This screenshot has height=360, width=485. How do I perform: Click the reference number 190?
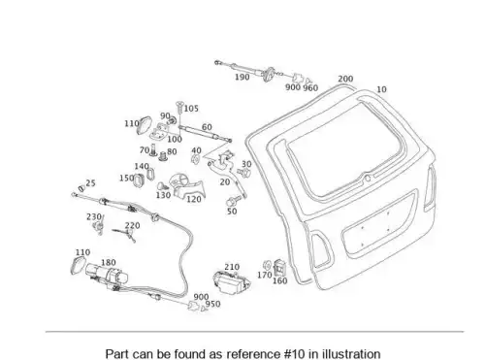click(x=242, y=78)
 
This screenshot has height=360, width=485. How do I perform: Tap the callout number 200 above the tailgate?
click(x=345, y=79)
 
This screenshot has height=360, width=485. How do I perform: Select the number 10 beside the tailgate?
click(x=381, y=89)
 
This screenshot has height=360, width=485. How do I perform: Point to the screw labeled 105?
click(x=179, y=109)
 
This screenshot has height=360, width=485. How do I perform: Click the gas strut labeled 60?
click(x=205, y=133)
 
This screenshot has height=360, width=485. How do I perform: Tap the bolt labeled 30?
click(x=244, y=173)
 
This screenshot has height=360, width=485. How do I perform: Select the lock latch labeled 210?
click(x=232, y=282)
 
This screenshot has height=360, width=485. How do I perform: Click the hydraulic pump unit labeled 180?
click(x=107, y=275)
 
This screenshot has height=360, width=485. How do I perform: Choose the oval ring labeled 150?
click(x=139, y=180)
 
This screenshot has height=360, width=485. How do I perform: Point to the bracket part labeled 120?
click(x=187, y=186)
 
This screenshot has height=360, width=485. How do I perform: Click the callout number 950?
click(x=212, y=304)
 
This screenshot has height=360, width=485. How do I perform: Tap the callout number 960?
click(x=310, y=88)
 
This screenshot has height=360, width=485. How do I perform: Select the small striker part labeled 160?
click(x=279, y=268)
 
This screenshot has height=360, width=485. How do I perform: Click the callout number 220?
click(x=133, y=225)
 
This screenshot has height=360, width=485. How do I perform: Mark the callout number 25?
click(x=90, y=183)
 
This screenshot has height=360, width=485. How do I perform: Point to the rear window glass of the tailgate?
click(x=344, y=148)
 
